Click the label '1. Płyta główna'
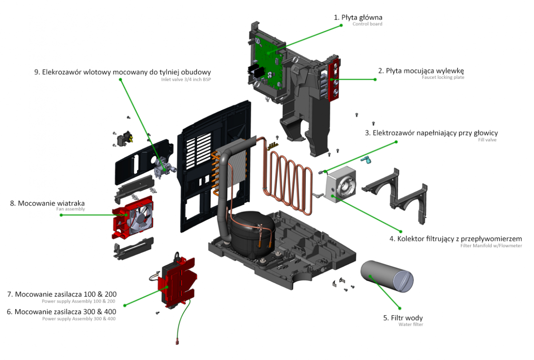tap(358, 17)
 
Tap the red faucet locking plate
tap(334, 80)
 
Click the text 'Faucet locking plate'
tap(443, 77)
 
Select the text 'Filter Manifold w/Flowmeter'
tap(491, 246)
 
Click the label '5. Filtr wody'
tap(403, 318)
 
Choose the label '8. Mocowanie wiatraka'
tap(47, 203)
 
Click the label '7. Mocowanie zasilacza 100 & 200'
tap(62, 294)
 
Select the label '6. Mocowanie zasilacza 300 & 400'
tap(61, 311)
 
